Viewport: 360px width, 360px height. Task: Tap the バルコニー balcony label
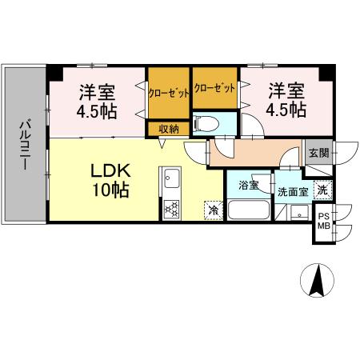pyautogui.click(x=24, y=144)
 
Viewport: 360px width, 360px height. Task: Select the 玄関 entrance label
pyautogui.click(x=317, y=150)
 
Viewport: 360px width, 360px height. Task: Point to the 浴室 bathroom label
pyautogui.click(x=249, y=186)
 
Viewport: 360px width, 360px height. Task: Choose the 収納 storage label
pyautogui.click(x=168, y=129)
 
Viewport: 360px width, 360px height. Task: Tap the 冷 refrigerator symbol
pyautogui.click(x=214, y=210)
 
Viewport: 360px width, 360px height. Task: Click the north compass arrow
pyautogui.click(x=317, y=280)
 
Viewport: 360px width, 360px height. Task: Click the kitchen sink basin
pyautogui.click(x=171, y=181)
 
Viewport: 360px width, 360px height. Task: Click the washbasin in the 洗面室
pyautogui.click(x=298, y=213)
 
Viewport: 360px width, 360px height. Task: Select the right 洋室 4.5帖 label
pyautogui.click(x=286, y=100)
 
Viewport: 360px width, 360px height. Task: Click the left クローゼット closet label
pyautogui.click(x=169, y=93)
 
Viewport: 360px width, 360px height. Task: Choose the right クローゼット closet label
pyautogui.click(x=215, y=88)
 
